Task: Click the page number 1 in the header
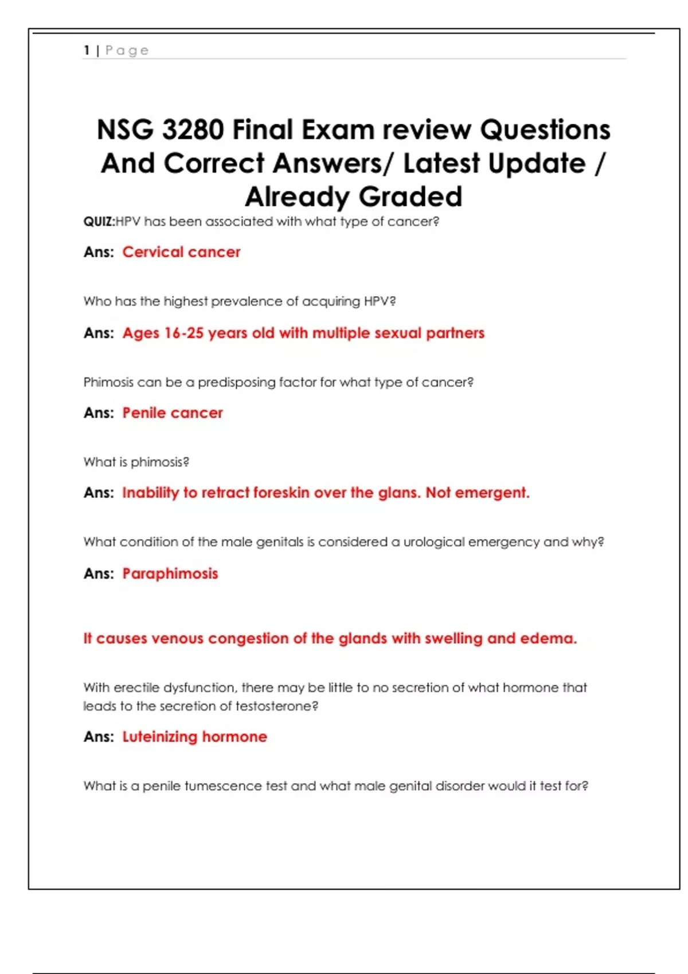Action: click(x=87, y=50)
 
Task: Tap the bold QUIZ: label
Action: click(x=99, y=222)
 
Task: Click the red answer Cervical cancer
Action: click(x=181, y=252)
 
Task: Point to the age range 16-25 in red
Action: click(x=183, y=333)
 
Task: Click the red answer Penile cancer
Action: click(x=173, y=413)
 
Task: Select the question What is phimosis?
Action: click(x=136, y=462)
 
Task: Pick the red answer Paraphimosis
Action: click(x=170, y=574)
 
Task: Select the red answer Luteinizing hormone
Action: click(x=194, y=737)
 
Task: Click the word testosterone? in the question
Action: click(x=277, y=706)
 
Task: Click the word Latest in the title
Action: click(x=441, y=163)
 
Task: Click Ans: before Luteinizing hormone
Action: click(x=99, y=737)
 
